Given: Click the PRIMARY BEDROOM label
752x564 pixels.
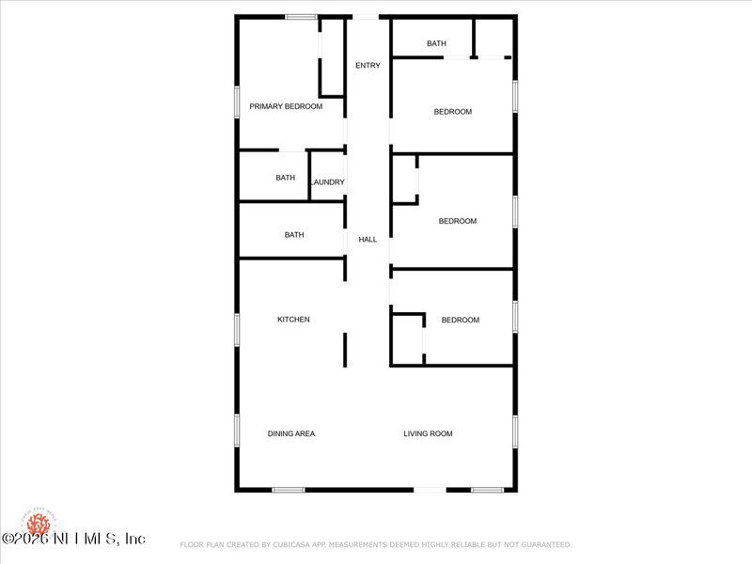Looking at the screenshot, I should point(286,107).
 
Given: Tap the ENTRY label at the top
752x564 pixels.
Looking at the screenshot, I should point(368,66).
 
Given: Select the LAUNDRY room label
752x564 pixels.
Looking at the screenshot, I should point(328,182).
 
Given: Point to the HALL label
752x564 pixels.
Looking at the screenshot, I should point(368,240).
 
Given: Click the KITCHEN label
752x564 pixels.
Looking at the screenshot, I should point(293,320).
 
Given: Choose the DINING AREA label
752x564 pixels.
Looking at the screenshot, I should point(291,434).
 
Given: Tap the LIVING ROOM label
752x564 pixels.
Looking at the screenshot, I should point(429,434).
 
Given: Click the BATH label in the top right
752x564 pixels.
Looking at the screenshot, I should point(436,44).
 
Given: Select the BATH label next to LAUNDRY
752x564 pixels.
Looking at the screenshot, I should point(285,178).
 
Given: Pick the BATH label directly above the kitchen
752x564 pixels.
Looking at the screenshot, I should point(294,235).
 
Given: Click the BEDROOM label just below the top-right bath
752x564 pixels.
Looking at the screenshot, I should point(452,112).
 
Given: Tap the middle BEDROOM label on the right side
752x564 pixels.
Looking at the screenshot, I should point(458,222).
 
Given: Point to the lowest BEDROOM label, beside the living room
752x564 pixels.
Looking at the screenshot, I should point(461,321).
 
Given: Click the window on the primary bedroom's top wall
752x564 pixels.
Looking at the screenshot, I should point(301,16).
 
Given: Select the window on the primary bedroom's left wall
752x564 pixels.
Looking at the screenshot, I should point(236,102).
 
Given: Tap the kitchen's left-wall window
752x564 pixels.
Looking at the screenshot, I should point(236,329).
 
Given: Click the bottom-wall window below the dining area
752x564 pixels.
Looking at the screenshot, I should point(289,490).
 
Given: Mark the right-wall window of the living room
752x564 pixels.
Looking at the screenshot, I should point(515,431).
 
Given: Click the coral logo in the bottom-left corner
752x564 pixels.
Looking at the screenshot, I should point(39,523).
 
